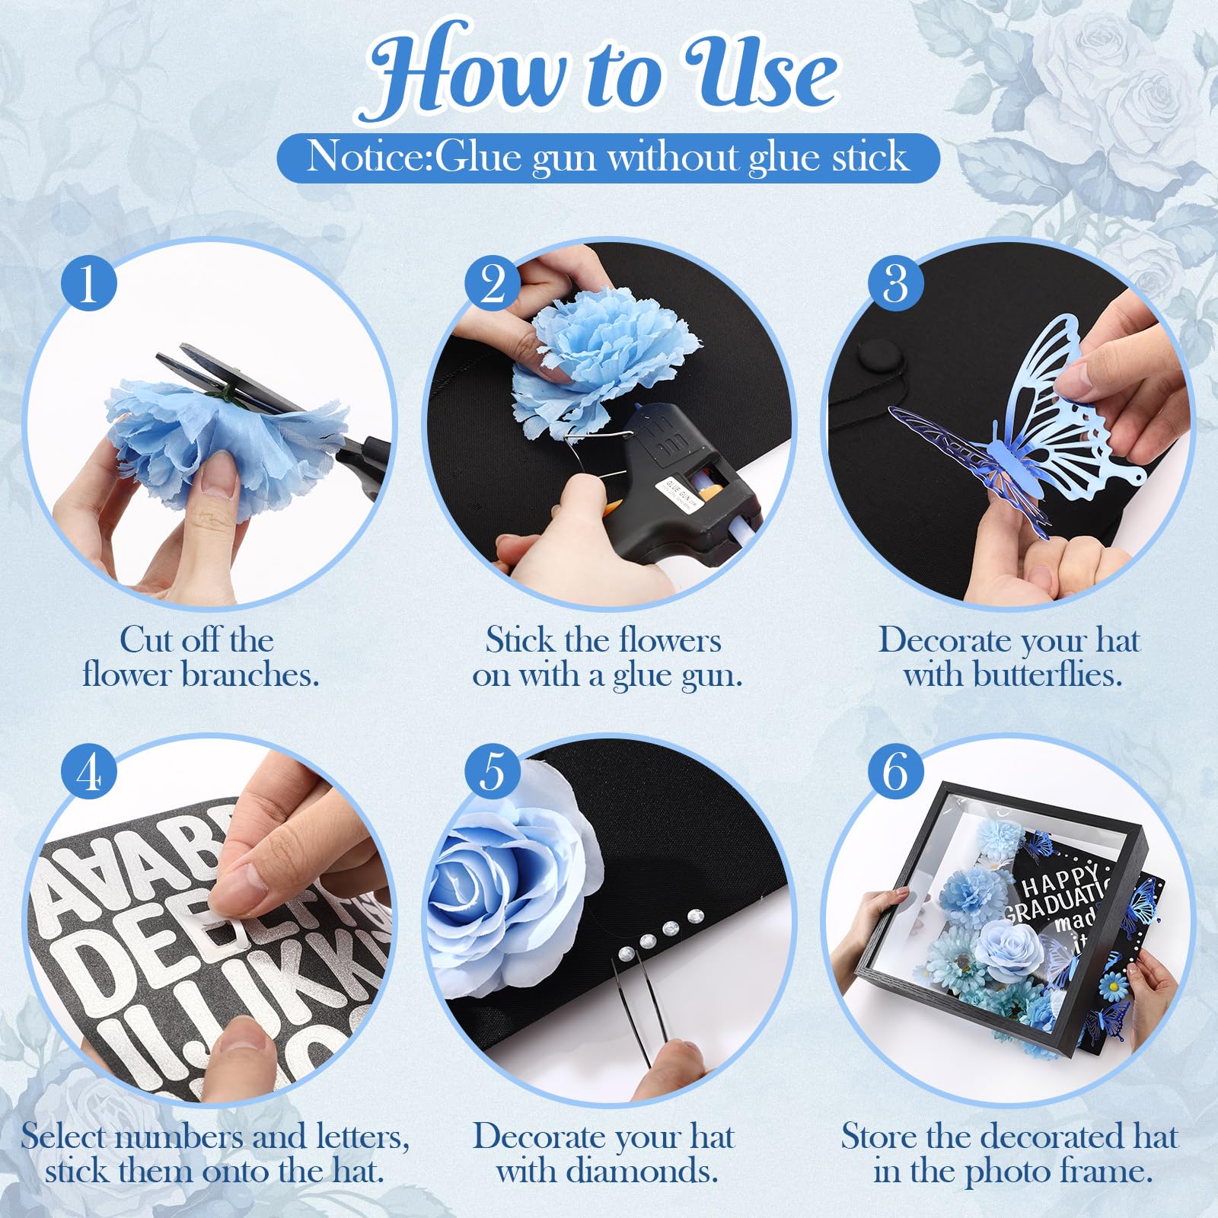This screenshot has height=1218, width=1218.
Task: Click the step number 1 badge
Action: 90,283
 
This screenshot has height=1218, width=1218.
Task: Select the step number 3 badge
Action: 896,283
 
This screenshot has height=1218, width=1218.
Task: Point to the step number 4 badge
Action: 90,772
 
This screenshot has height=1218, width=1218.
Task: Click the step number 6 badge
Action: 896,772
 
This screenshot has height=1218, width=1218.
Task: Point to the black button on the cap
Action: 878,354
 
